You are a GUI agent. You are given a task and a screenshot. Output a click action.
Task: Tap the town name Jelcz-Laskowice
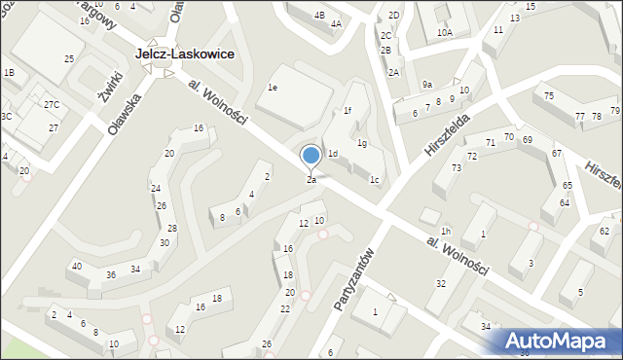coord(185,55)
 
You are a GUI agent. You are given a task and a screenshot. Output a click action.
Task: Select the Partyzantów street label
coord(353,277)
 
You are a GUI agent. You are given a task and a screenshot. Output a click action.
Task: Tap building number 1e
coord(274,88)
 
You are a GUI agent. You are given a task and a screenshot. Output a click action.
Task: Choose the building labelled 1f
coord(347,111)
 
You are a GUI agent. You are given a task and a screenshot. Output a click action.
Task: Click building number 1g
coord(361,144)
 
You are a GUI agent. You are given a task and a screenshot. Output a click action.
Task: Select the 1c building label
coord(374,179)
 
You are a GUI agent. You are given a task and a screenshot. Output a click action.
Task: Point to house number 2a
coord(311,180)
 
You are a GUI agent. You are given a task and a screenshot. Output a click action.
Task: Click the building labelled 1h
coord(445,231)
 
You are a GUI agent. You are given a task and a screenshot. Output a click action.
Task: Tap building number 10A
coord(445,32)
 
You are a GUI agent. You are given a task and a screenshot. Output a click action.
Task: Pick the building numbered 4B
coord(319,16)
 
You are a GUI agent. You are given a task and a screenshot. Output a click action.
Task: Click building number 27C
coord(51,104)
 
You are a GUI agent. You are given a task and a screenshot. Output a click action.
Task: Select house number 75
coord(549,95)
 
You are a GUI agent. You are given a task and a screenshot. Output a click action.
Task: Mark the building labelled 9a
coord(427,85)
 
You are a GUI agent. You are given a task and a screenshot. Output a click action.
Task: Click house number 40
coord(76,267)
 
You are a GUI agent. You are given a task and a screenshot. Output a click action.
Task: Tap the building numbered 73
coord(455,168)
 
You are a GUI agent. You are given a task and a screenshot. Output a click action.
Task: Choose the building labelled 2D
coord(393,16)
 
